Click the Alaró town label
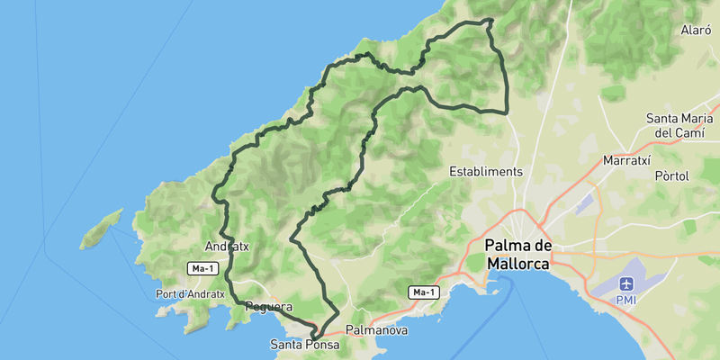coord(696,30)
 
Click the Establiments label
coord(486,171)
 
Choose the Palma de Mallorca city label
coord(518,255)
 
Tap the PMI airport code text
coord(625,299)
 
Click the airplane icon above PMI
coord(625,283)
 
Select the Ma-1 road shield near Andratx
coord(202,268)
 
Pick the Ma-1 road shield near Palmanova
coord(422,292)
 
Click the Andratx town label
coord(226,246)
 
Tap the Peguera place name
coord(268,307)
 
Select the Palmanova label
coord(377,330)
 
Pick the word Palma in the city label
coord(506,246)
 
